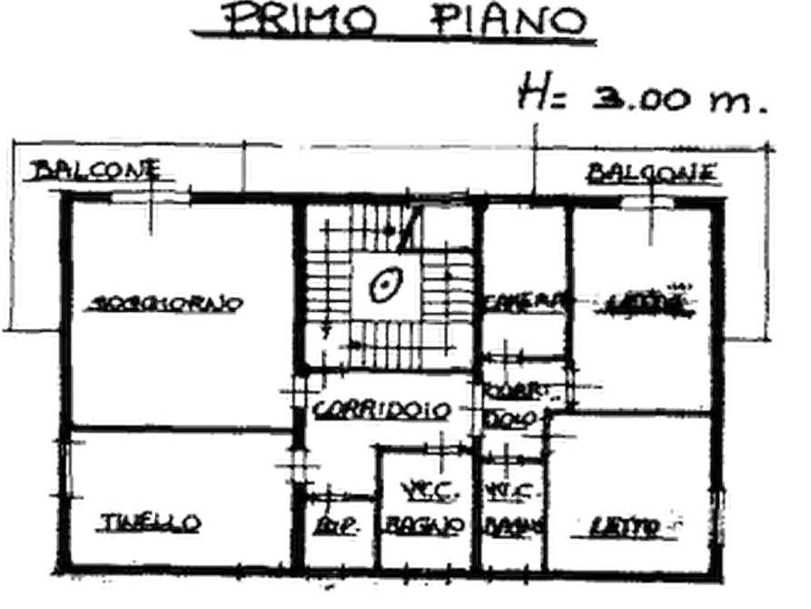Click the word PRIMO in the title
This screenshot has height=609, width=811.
pos(299,20)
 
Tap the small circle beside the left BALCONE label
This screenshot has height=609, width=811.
pos(182,185)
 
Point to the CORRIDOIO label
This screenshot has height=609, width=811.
pos(381,410)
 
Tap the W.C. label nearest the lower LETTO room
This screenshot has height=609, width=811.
pos(514,492)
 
